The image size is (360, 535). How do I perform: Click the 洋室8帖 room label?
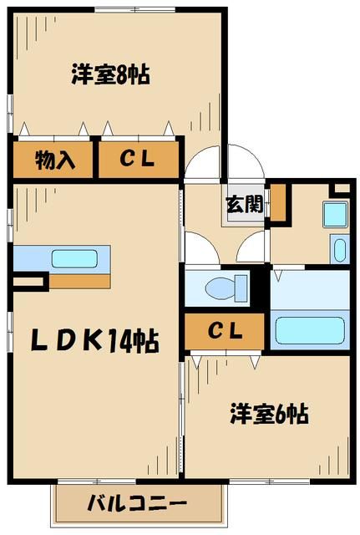[110, 75]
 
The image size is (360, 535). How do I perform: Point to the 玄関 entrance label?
[244, 203]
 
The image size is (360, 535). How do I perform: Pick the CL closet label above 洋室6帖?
[225, 332]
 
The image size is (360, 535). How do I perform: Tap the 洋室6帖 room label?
[269, 413]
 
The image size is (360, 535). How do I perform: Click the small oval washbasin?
[337, 249]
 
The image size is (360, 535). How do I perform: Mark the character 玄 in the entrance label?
[235, 203]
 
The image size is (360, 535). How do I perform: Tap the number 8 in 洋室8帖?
[122, 75]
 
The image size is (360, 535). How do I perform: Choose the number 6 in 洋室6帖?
[281, 413]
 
